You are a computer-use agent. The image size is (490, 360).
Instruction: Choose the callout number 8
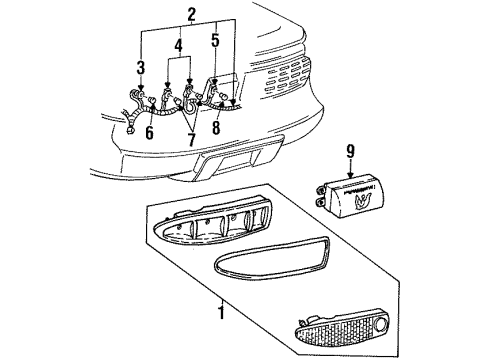click(x=215, y=127)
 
